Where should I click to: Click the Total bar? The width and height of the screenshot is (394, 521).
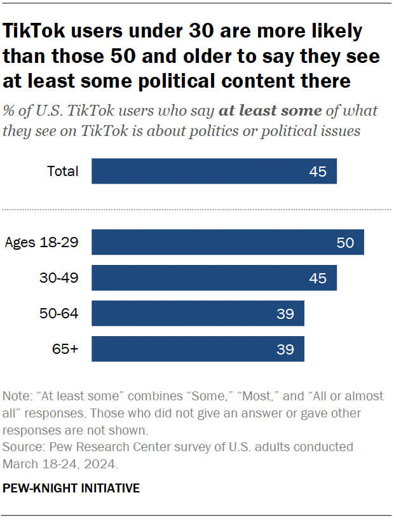(214, 171)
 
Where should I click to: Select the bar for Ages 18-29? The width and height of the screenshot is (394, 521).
(228, 242)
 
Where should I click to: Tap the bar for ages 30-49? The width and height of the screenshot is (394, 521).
(214, 278)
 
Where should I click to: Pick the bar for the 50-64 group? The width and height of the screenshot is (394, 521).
(198, 313)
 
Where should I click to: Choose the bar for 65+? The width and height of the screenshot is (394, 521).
(198, 349)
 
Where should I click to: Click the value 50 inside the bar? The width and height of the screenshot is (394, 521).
(345, 243)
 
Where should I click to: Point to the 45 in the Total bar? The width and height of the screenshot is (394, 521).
(318, 172)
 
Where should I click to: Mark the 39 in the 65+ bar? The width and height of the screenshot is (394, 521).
(285, 349)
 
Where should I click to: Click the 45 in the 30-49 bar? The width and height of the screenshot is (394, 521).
(318, 278)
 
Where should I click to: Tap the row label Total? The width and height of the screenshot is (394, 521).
(63, 171)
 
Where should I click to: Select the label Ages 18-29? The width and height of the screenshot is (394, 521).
(41, 242)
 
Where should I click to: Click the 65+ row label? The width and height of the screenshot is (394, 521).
(65, 349)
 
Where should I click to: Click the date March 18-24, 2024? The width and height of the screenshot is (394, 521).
(60, 464)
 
